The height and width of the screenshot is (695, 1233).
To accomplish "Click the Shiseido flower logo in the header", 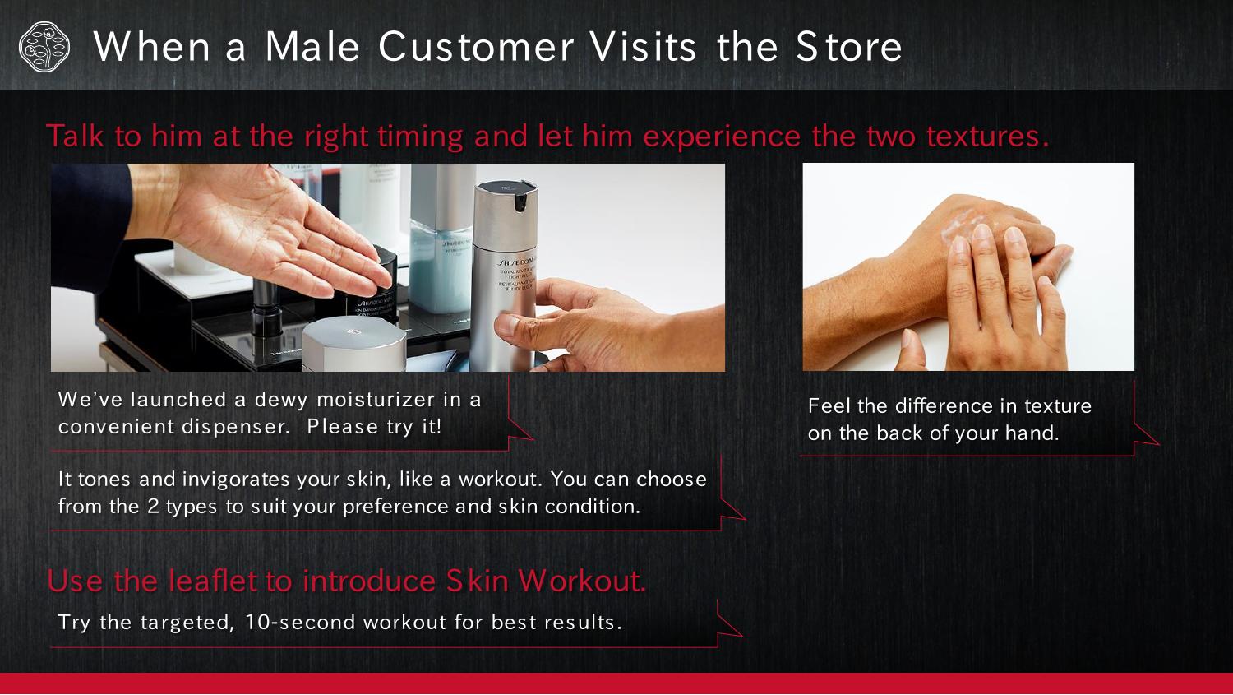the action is [44, 47].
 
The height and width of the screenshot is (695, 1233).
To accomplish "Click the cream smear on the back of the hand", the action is [966, 227].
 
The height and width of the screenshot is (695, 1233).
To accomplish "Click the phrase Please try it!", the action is [374, 427].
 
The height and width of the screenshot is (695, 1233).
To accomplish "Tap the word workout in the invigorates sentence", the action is [501, 480].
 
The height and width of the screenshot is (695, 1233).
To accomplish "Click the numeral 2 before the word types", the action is [152, 506].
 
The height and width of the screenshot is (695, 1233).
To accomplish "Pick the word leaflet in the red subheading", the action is [212, 581].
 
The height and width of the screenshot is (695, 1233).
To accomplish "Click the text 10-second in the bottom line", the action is [300, 623].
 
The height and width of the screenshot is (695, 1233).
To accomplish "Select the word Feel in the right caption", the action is [829, 405].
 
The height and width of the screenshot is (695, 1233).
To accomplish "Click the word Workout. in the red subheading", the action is [582, 581].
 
